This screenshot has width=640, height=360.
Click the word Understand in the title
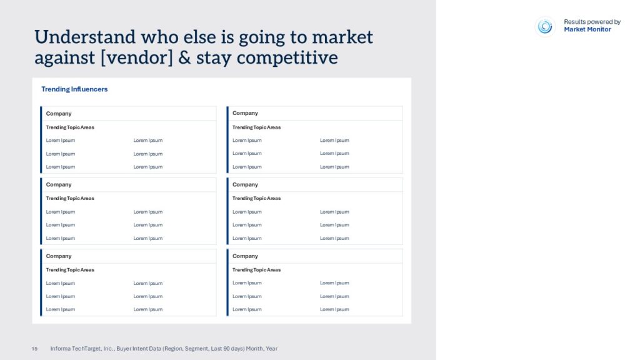85,37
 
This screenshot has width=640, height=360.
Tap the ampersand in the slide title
184,57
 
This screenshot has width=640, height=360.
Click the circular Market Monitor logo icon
545,26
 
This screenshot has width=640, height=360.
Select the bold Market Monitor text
587,29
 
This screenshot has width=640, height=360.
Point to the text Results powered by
592,22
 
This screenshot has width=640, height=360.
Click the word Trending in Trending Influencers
56,89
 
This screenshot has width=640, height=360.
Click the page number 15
34,349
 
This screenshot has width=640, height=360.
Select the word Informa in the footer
60,349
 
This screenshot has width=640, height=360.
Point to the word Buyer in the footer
124,349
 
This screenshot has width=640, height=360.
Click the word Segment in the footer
197,349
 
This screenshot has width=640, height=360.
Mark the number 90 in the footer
226,349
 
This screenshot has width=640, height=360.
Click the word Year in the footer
271,349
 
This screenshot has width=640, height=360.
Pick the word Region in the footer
172,349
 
